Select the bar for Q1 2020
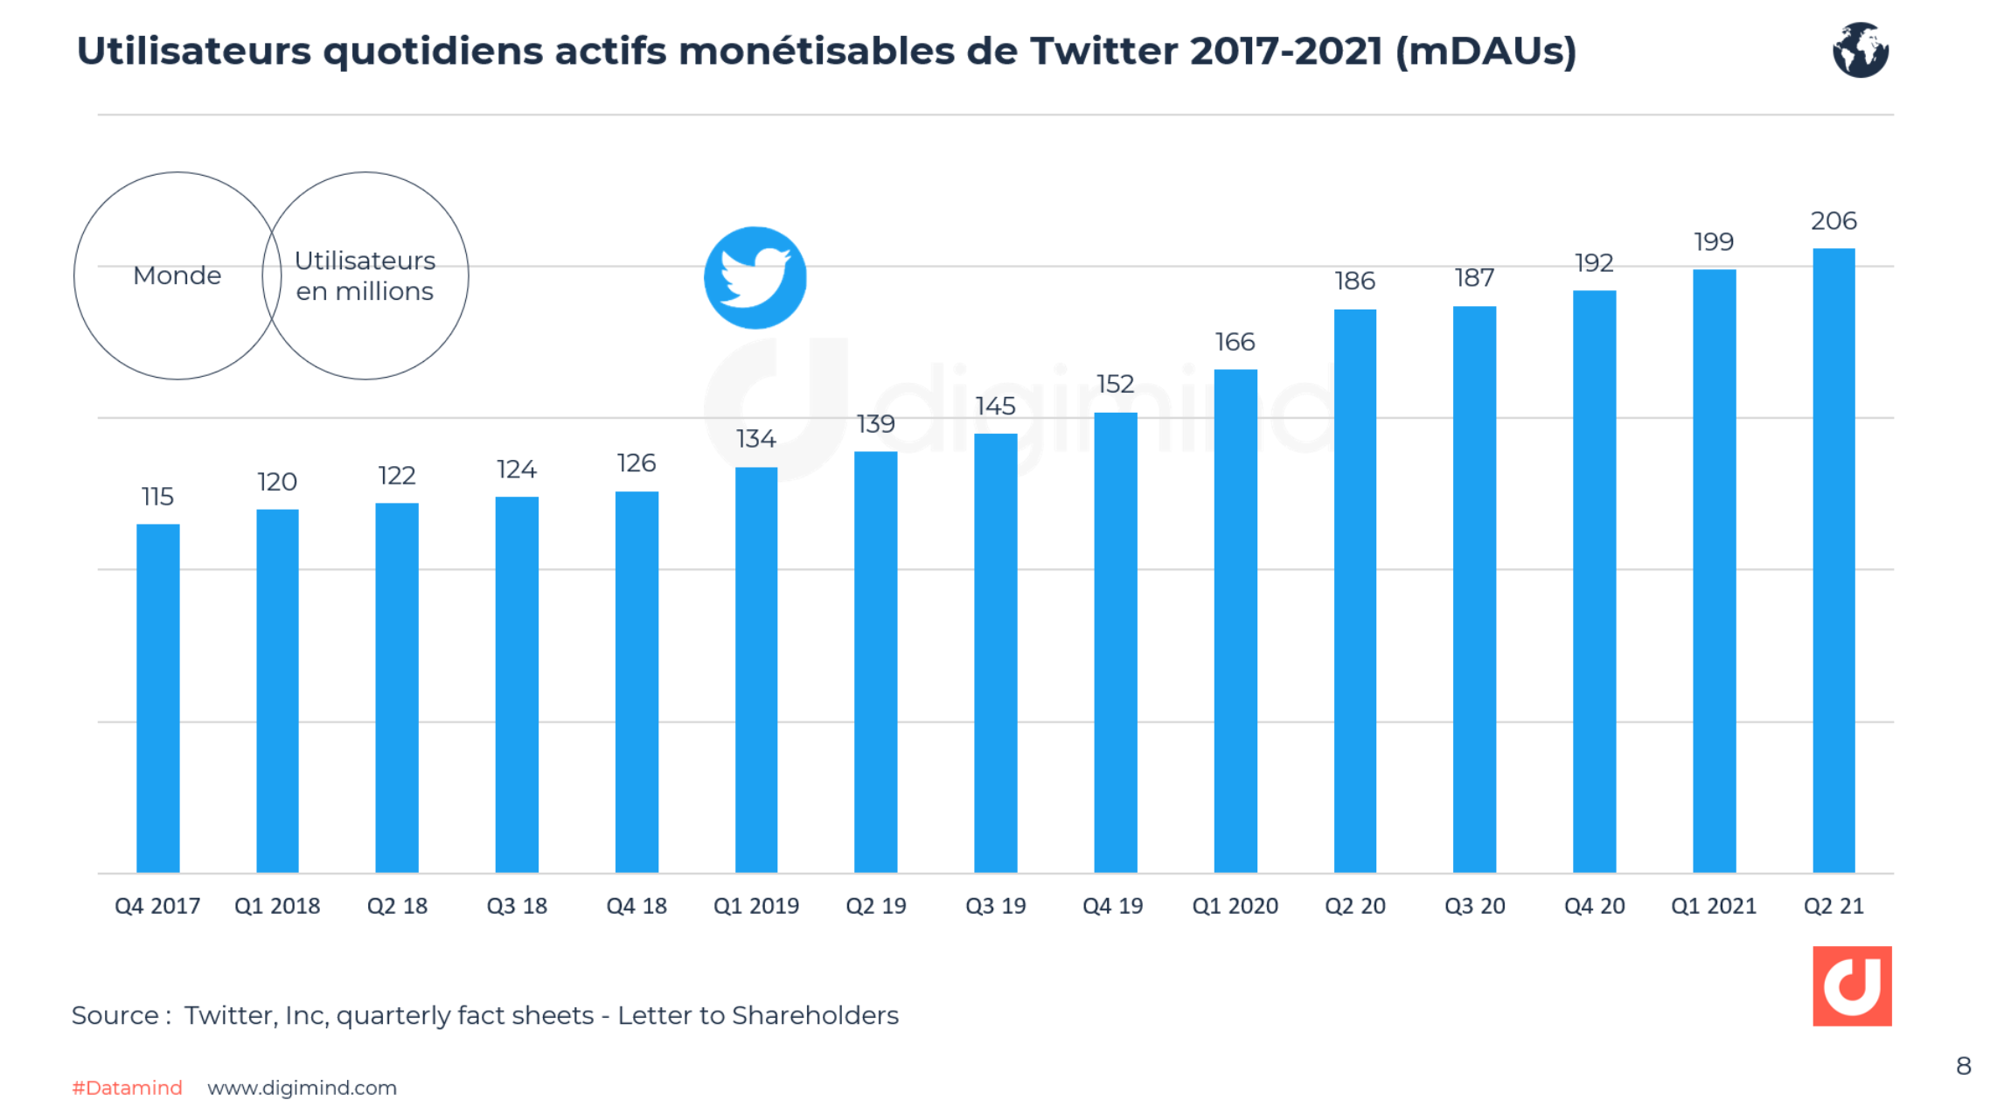(1235, 621)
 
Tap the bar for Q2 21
(1834, 560)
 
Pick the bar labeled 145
(995, 652)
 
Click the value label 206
(1834, 220)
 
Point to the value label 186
(1354, 281)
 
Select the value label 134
(755, 438)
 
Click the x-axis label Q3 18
(517, 906)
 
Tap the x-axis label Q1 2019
(755, 906)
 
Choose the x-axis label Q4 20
(1594, 906)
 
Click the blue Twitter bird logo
(755, 278)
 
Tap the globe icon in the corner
(1860, 50)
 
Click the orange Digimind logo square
(1851, 985)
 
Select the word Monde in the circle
(177, 275)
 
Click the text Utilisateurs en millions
(365, 275)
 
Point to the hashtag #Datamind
(127, 1088)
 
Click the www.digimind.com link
(302, 1088)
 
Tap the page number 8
(1963, 1066)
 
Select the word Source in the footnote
(115, 1015)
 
